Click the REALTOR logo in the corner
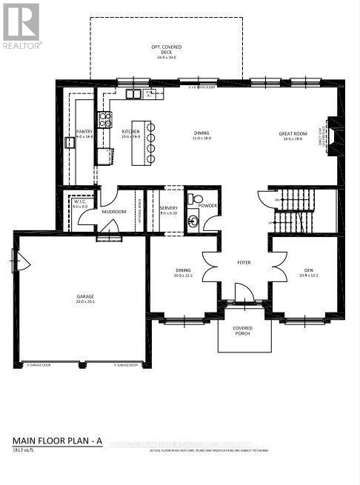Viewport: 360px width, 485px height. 21,25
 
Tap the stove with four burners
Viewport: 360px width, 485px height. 105,119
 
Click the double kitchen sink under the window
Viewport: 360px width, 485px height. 133,94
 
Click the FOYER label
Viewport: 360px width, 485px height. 244,261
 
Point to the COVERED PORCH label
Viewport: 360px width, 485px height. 243,330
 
